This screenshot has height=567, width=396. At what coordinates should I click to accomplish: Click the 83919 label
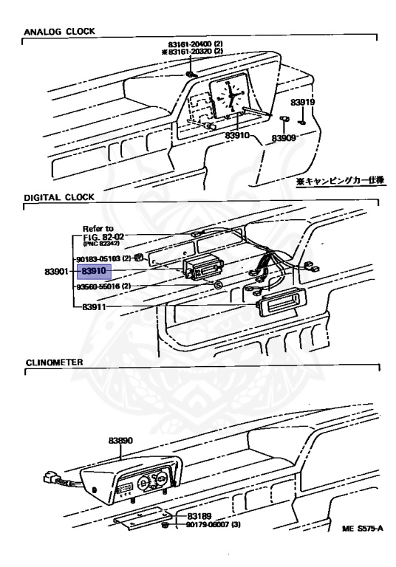[x=302, y=102]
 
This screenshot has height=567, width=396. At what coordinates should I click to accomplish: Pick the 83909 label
[x=283, y=138]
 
